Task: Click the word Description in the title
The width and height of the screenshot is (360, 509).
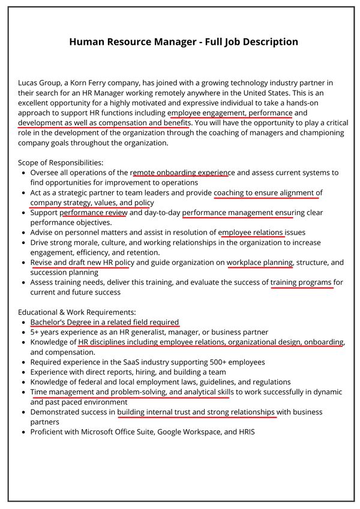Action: pyautogui.click(x=268, y=42)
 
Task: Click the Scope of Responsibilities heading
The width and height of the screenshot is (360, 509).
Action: pyautogui.click(x=61, y=162)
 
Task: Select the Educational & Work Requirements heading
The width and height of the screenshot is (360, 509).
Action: pyautogui.click(x=77, y=312)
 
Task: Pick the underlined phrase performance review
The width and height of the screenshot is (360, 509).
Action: pyautogui.click(x=94, y=213)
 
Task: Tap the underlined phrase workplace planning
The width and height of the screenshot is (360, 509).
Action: pyautogui.click(x=260, y=263)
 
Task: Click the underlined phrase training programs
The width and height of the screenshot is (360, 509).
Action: pyautogui.click(x=301, y=282)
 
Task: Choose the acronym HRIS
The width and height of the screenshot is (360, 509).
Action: pyautogui.click(x=243, y=432)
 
